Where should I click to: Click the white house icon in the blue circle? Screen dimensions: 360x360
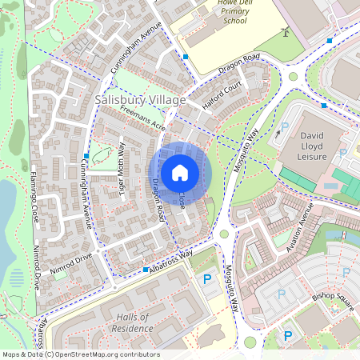pos(180,173)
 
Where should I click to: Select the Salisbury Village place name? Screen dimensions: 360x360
pos(140,100)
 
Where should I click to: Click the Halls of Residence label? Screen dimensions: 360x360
pos(132,322)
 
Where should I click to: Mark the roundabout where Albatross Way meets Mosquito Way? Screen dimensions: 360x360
pos(223,234)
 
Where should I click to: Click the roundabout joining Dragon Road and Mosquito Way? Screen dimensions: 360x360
pos(293,77)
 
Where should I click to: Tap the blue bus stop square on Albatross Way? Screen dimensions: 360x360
pos(146,270)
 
